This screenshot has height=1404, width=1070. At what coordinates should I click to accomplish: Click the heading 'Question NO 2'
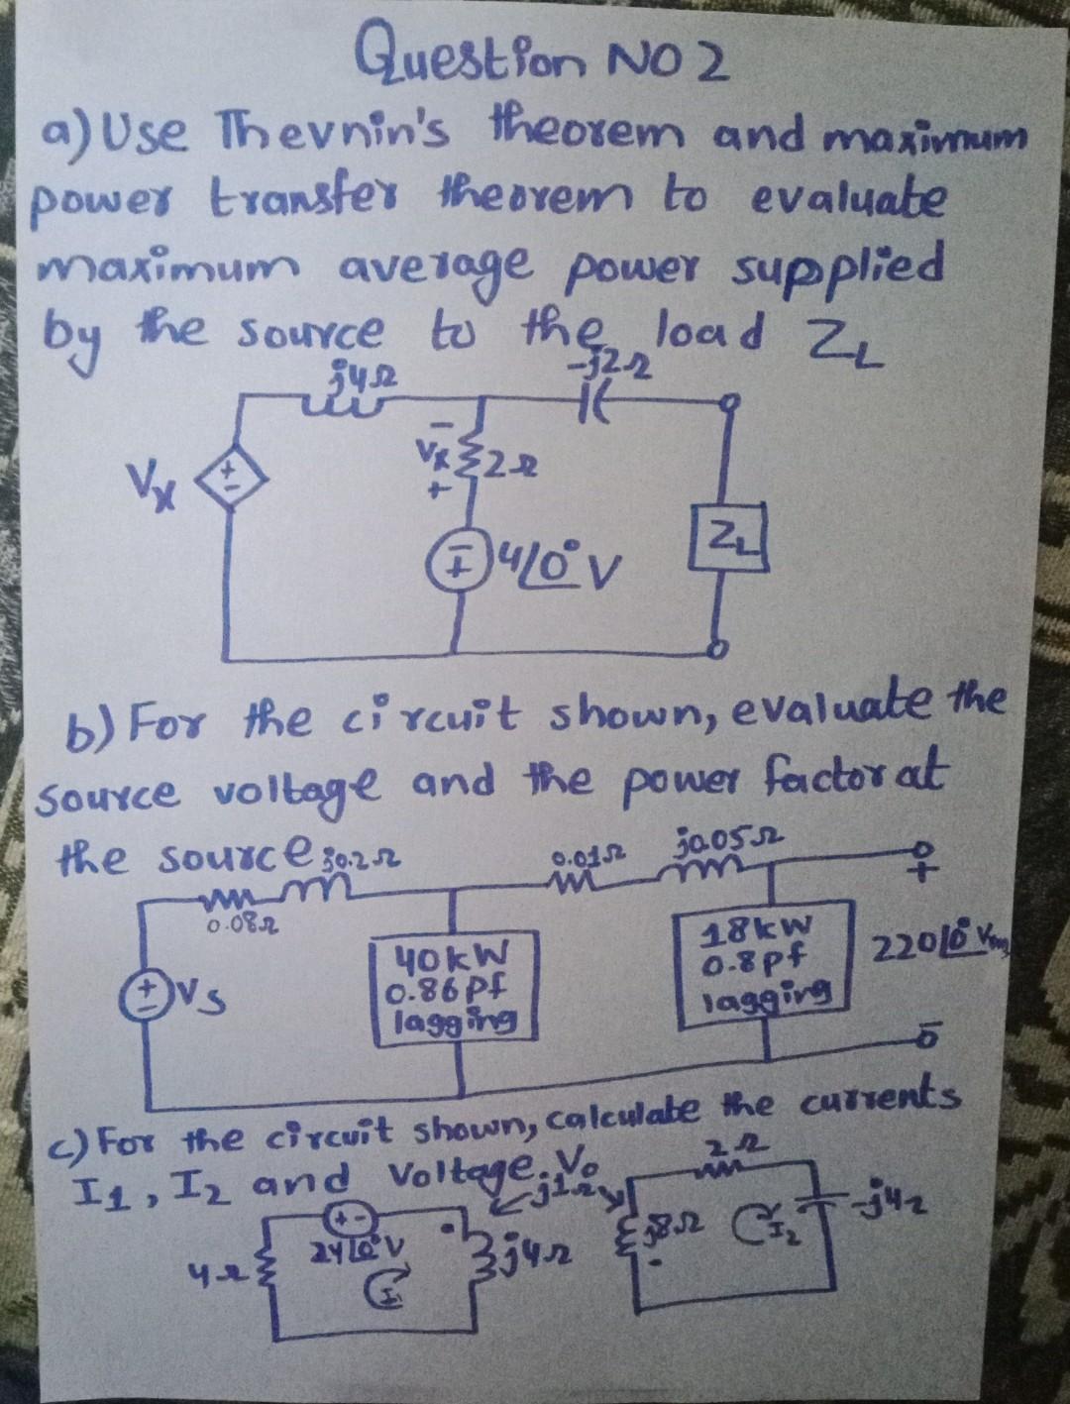544,60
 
